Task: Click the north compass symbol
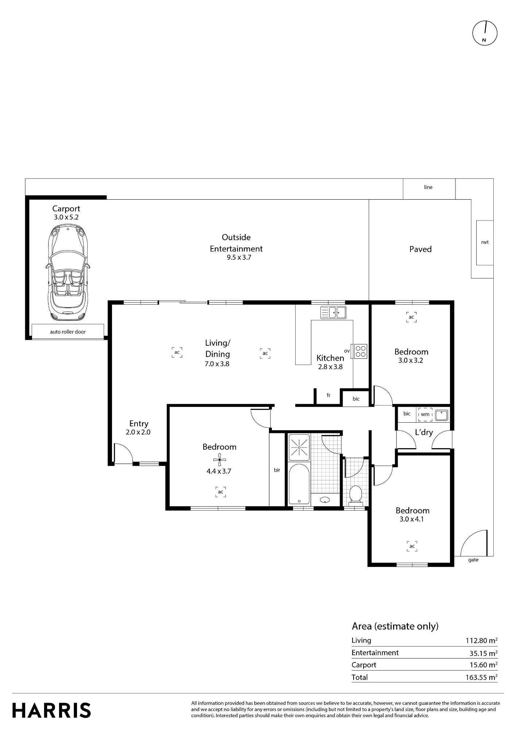(485, 33)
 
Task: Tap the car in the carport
(68, 273)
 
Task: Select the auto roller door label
(68, 332)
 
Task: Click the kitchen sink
(333, 312)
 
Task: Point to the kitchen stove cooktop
(361, 351)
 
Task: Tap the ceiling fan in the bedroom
(219, 460)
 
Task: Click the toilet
(355, 493)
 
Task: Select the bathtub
(299, 484)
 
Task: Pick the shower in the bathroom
(299, 447)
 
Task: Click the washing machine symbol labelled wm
(425, 414)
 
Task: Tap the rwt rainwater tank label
(485, 242)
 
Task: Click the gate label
(473, 560)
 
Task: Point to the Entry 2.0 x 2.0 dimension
(138, 432)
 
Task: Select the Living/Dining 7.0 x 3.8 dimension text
(217, 364)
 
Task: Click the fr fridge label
(328, 395)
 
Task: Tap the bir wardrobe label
(277, 470)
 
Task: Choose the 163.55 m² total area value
(481, 677)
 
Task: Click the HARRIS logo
(51, 710)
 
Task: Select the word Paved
(420, 249)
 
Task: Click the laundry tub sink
(442, 415)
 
